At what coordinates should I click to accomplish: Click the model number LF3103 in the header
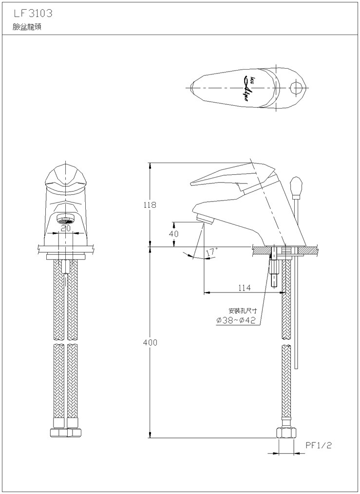(x=33, y=13)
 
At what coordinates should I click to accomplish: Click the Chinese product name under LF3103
(x=27, y=27)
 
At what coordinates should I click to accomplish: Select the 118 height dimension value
(x=150, y=205)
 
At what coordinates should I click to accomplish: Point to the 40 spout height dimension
(x=174, y=234)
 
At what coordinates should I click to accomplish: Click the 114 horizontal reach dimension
(x=245, y=288)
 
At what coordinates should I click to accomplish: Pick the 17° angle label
(x=211, y=252)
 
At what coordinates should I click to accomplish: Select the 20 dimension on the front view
(x=66, y=228)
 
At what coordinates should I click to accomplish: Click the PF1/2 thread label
(x=319, y=445)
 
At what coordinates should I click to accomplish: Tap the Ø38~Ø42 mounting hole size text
(x=236, y=320)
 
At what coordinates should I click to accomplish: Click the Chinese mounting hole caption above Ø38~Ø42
(x=243, y=311)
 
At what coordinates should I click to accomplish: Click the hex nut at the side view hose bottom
(x=286, y=433)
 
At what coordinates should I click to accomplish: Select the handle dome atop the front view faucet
(x=65, y=178)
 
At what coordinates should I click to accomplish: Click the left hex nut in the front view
(x=58, y=432)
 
